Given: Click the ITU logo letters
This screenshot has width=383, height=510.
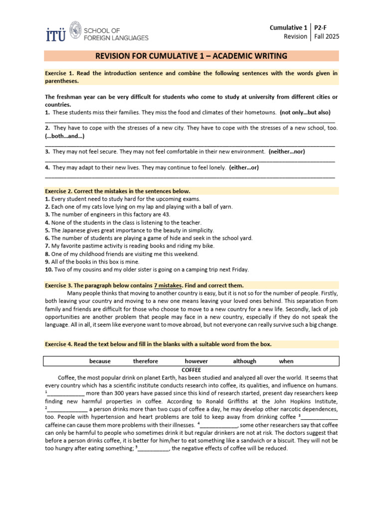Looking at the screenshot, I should point(55,33).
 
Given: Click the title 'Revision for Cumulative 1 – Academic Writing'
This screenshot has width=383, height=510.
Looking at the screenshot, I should point(191,56).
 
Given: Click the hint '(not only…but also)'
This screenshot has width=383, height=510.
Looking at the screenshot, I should point(305,112).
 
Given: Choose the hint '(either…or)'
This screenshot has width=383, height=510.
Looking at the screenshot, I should point(244,167).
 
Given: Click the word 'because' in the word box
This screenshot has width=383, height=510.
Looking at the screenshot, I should point(100,361).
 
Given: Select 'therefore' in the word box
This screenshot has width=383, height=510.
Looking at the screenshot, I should point(145,361).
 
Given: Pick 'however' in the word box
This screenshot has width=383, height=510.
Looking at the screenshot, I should point(196,361).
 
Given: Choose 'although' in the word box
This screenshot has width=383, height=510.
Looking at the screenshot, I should point(244,361).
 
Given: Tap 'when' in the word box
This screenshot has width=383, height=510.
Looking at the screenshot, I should point(286,361).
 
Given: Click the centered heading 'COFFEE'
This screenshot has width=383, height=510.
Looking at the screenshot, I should point(191,370).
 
